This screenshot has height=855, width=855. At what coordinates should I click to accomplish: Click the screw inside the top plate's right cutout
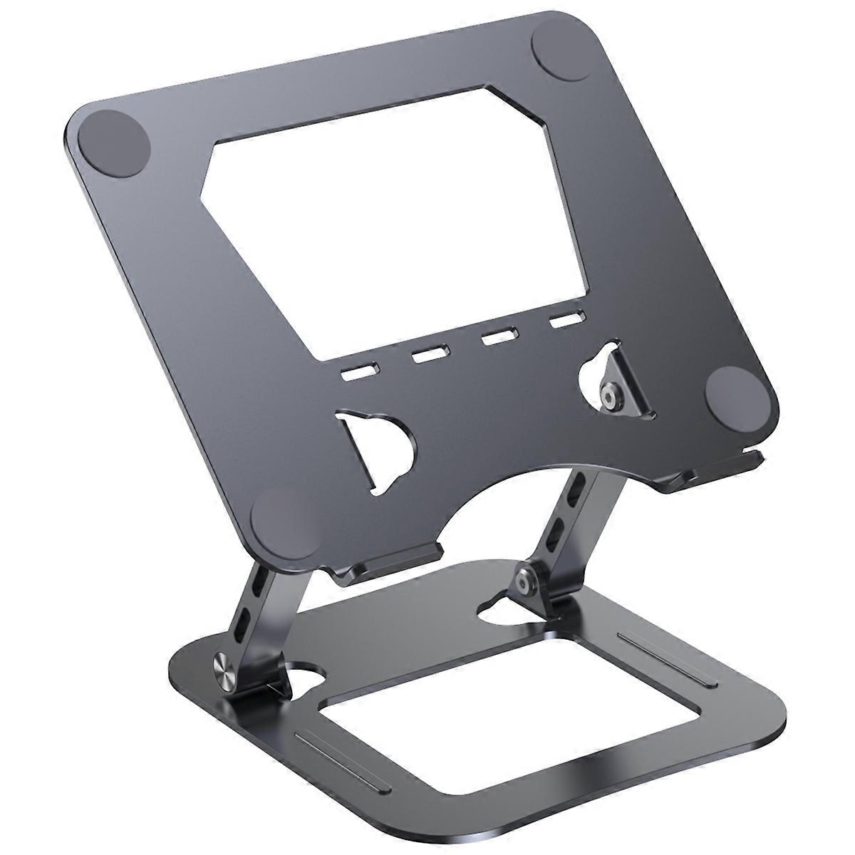point(609,395)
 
